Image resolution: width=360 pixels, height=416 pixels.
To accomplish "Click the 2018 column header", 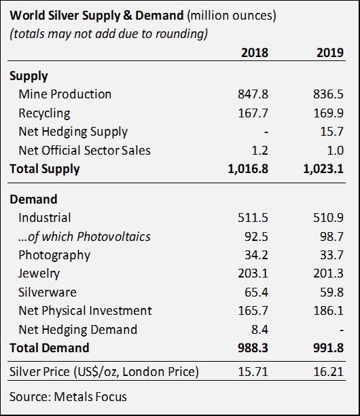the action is coord(255,52).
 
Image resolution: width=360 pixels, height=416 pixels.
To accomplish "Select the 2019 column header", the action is coord(330,52).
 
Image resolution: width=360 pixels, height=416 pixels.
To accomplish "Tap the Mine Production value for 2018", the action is coord(253,94).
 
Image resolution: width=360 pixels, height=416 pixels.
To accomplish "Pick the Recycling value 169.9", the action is coord(328,113).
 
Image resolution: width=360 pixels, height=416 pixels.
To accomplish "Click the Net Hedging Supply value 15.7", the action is coord(332,132).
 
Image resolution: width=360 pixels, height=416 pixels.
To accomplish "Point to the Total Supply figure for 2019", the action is coord(323,169).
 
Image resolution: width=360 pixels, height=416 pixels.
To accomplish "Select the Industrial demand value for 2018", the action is coord(253,218).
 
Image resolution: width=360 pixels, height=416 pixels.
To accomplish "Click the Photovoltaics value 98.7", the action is coord(332,236).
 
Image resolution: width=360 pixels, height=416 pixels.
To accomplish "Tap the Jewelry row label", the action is coord(39,273).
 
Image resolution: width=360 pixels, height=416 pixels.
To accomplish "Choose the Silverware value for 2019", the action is coord(332,292).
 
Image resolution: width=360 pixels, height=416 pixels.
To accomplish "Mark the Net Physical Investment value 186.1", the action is coord(328,311).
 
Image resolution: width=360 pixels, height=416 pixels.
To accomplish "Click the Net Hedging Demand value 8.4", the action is coord(259,330).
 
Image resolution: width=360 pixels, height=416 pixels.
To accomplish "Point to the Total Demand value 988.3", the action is coord(253,348).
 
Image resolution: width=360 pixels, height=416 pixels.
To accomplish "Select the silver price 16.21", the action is coord(328,371).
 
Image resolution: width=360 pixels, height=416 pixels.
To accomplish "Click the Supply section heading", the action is coord(29,77).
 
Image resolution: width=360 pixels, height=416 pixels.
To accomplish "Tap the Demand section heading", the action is coord(33,200).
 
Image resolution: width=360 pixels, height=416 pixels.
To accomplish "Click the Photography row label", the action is coord(54,255).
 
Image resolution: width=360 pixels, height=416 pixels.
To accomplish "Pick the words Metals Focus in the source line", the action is coord(90,397).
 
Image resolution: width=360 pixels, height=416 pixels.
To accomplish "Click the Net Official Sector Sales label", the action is coord(84,151).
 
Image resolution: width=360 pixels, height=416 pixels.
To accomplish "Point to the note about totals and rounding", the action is coord(109,35).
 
